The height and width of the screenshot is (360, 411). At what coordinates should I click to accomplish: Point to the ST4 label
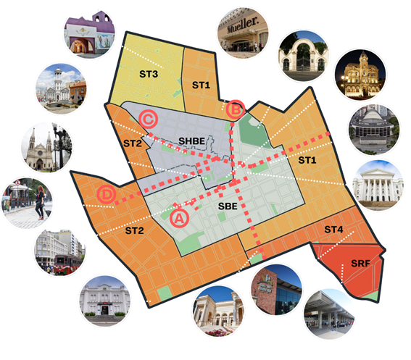[x=334, y=230]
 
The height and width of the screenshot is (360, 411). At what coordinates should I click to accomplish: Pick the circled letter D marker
[x=106, y=195]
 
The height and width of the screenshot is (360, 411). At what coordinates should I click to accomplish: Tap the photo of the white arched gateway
[x=304, y=52]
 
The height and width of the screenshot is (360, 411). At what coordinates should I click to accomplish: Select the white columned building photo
[x=378, y=185]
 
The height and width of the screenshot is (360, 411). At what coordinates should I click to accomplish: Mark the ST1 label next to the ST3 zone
[x=201, y=85]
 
